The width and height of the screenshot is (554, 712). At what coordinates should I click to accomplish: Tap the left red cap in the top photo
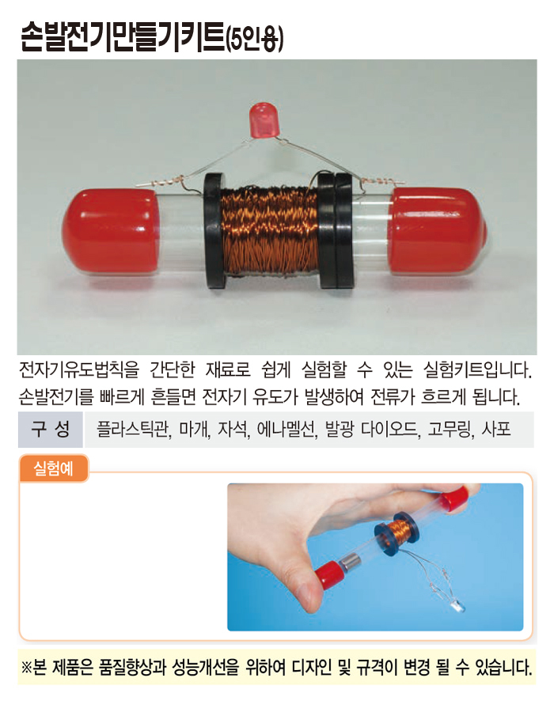pos(112,232)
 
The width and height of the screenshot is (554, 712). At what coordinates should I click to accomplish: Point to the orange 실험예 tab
pos(54,468)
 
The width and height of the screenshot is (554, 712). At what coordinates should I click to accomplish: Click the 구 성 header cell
pos(51,429)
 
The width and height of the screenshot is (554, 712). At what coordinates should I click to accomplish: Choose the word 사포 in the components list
pos(496,429)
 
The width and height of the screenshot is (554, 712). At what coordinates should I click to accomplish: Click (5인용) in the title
pos(255,40)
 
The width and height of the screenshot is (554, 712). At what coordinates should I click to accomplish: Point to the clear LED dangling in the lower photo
pos(456,606)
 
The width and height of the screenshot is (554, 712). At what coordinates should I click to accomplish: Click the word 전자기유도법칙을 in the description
pos(79,369)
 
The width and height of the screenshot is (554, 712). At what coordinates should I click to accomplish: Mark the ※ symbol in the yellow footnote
pos(26,668)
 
